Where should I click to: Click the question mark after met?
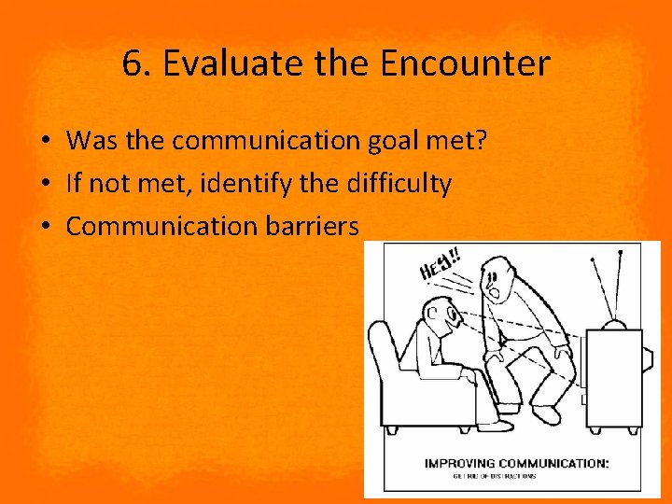click(483, 141)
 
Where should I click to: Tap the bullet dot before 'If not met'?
click(45, 185)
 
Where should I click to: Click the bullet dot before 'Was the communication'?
click(45, 142)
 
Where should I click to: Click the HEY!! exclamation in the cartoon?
click(440, 264)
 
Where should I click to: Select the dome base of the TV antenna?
click(615, 328)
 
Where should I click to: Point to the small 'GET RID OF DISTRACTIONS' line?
click(494, 476)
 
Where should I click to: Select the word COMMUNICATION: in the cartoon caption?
click(556, 463)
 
